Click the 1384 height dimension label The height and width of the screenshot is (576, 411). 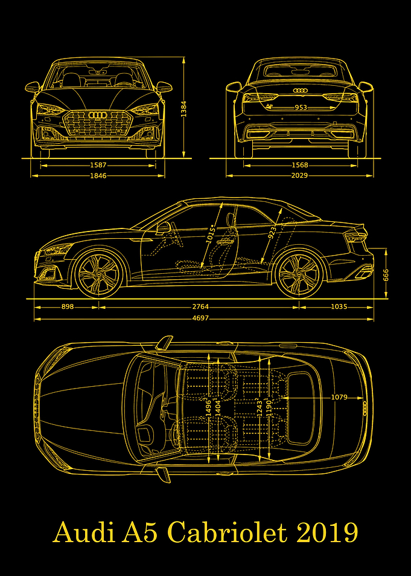tap(183, 109)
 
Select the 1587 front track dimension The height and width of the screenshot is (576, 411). tap(98, 166)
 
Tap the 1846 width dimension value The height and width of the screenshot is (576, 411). tap(98, 176)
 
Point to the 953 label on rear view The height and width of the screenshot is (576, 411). tap(301, 108)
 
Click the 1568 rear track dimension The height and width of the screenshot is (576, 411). tap(300, 166)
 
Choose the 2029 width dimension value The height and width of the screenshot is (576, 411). tap(300, 176)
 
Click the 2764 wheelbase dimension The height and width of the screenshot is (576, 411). tap(200, 306)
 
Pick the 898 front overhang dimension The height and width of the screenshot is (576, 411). tap(68, 306)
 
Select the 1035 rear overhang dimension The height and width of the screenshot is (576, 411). tap(339, 306)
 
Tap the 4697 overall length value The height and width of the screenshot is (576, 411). tap(200, 318)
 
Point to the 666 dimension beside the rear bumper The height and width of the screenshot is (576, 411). tap(386, 275)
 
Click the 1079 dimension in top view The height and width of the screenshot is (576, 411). tap(339, 397)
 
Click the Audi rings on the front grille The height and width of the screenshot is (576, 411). tap(98, 115)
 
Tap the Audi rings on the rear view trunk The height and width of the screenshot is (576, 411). tap(300, 90)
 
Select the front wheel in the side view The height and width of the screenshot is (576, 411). tap(98, 274)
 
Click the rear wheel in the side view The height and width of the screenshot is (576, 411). tap(299, 274)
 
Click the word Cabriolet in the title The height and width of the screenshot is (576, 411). tap(227, 533)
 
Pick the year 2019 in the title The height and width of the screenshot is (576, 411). tap(327, 533)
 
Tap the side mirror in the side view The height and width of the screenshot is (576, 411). tap(164, 227)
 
